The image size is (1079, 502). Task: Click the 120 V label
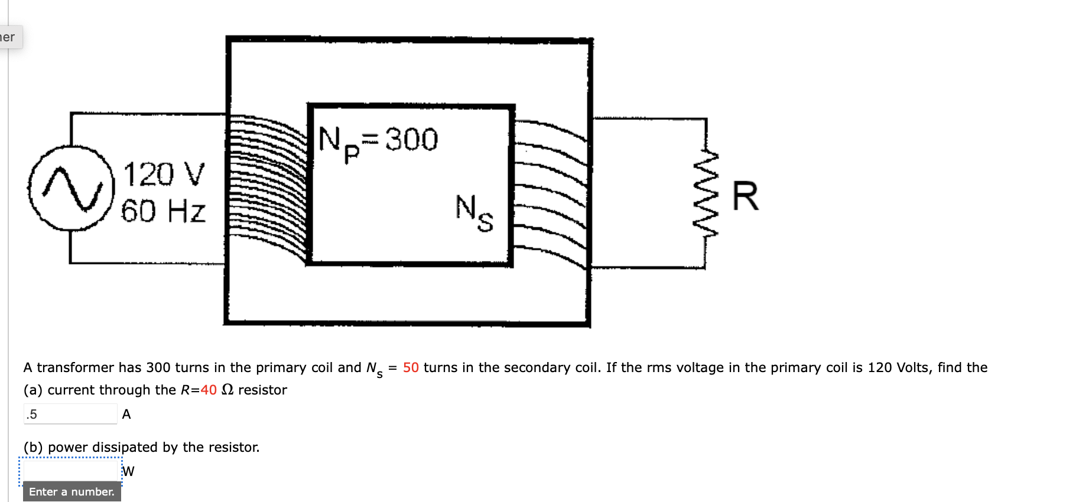(164, 175)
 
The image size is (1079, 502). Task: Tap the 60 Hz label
(163, 211)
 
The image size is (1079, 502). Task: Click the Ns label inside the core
(474, 213)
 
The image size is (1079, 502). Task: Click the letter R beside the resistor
(745, 196)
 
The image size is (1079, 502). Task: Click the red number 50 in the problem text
(411, 367)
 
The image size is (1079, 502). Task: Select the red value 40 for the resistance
(209, 390)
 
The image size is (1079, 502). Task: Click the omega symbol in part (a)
(227, 390)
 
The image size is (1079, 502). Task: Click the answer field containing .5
(70, 414)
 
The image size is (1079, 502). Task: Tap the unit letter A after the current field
(126, 414)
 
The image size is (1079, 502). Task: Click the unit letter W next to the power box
(128, 471)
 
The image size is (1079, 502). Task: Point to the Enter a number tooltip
(71, 491)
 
